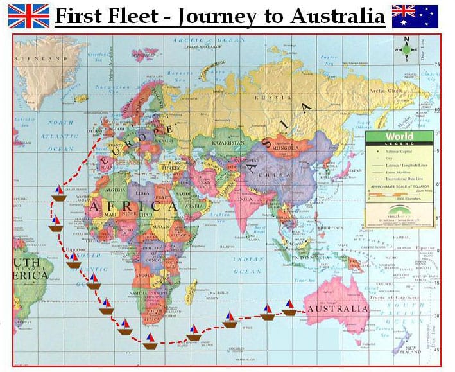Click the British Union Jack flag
coord(28,15)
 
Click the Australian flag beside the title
coord(415,15)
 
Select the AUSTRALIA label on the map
coord(338,309)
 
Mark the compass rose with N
coord(406,48)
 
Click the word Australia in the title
coord(337,15)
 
